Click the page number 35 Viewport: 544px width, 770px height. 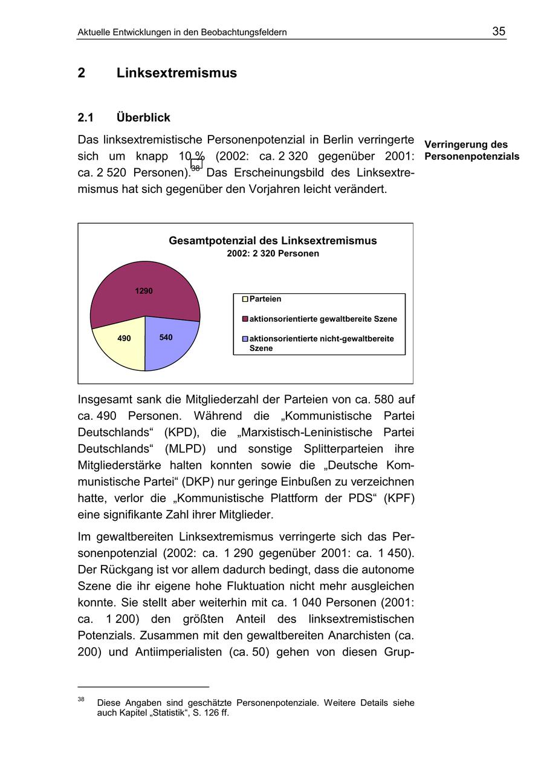click(x=499, y=31)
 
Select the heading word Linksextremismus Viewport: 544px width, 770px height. click(x=176, y=73)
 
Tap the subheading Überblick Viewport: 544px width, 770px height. click(x=143, y=117)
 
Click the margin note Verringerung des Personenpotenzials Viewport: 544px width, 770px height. click(x=471, y=151)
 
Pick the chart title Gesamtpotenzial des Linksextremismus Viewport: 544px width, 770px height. click(x=273, y=241)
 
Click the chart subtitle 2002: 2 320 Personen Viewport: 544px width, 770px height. click(x=273, y=253)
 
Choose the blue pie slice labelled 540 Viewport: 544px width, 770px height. click(x=169, y=342)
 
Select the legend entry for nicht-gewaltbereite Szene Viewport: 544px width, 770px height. click(x=321, y=343)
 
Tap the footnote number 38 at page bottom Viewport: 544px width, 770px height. click(x=81, y=699)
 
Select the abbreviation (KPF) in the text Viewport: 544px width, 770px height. click(x=397, y=498)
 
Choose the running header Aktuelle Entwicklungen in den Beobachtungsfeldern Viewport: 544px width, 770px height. click(x=182, y=32)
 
